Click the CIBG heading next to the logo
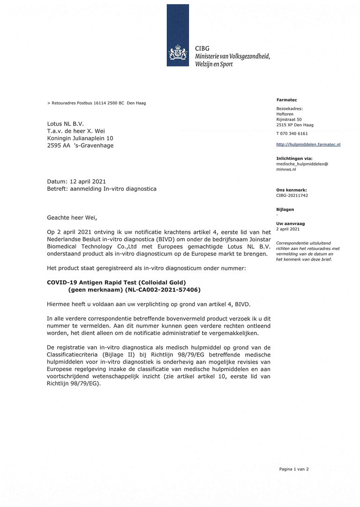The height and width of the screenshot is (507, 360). [x=202, y=48]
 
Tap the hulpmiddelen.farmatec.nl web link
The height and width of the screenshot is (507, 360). [x=308, y=144]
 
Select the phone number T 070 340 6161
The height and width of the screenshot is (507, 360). [x=292, y=134]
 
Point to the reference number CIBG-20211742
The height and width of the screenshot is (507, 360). [x=292, y=195]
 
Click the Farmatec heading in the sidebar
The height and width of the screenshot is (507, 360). [x=286, y=100]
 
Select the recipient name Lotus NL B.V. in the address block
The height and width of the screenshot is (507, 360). [x=66, y=124]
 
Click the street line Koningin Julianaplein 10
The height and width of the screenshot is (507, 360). [x=80, y=138]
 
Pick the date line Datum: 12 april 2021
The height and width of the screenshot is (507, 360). [x=76, y=181]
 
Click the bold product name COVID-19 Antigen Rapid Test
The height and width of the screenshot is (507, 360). [x=117, y=283]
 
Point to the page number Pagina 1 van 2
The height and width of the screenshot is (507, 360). [x=294, y=469]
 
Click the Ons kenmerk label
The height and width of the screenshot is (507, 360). [x=292, y=190]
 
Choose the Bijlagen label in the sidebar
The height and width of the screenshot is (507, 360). [x=285, y=209]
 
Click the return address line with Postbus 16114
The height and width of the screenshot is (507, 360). [x=97, y=103]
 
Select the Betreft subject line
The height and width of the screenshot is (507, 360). [x=102, y=189]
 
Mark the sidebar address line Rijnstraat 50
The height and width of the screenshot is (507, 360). [x=289, y=119]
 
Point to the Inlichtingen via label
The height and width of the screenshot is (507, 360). [x=294, y=158]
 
